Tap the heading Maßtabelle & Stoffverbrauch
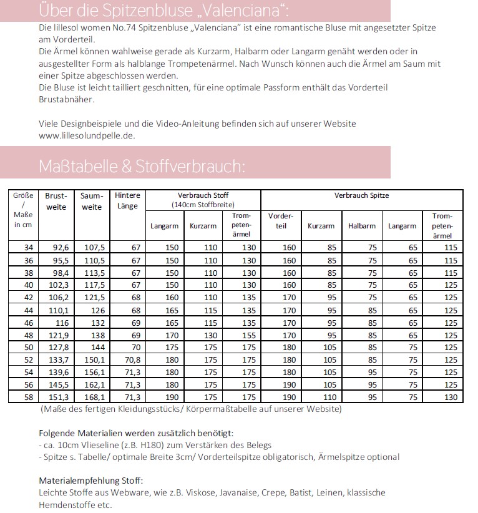[142, 167]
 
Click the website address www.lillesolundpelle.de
[87, 135]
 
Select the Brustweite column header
[56, 201]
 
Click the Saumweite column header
[92, 201]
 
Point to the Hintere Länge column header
[128, 201]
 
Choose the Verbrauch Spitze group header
[361, 195]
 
